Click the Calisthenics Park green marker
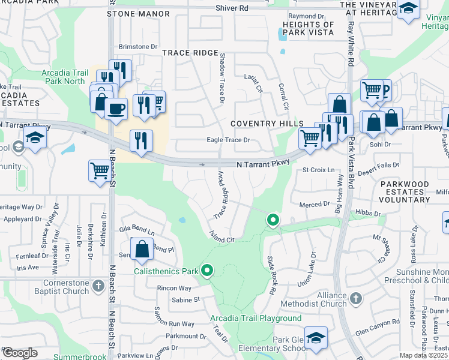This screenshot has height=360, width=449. point(207,271)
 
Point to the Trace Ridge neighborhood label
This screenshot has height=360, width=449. point(190,53)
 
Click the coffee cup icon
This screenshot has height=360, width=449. point(116,109)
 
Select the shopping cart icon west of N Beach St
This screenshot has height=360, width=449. point(98,170)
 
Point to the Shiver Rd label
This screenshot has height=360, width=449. point(231,8)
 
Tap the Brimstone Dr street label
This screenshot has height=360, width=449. point(137,46)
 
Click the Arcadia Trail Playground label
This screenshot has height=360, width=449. point(256,318)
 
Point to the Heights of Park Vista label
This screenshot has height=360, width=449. point(307,28)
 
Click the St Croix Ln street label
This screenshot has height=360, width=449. point(318,170)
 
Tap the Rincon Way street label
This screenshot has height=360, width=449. point(174,289)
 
